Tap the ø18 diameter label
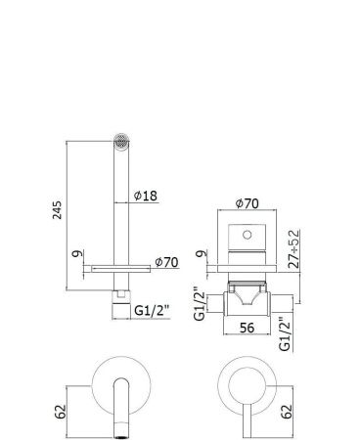(x=146, y=196)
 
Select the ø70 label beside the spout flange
(x=165, y=262)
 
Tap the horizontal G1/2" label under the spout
(x=153, y=309)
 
